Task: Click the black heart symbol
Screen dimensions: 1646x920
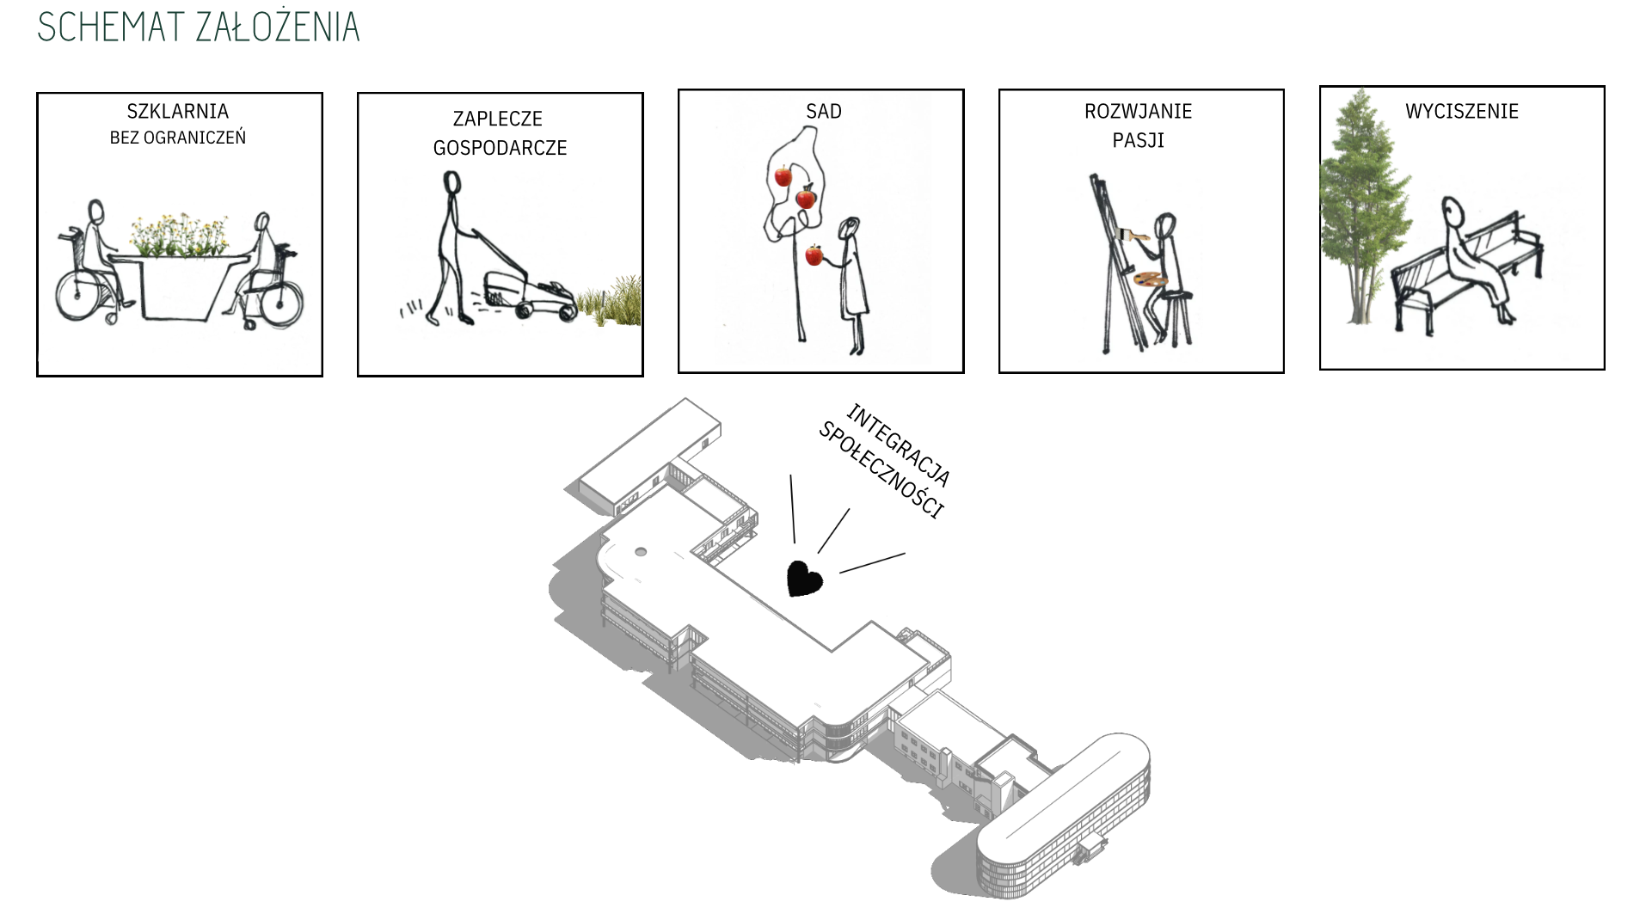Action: (805, 579)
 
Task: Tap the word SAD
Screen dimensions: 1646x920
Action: (823, 111)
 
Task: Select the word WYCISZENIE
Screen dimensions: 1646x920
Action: (1461, 111)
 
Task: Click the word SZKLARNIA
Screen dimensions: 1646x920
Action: (177, 111)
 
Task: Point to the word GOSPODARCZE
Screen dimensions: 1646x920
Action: (500, 148)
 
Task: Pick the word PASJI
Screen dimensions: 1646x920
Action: (1138, 140)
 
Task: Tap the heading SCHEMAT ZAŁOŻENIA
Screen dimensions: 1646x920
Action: (199, 27)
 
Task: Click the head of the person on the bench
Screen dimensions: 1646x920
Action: (1453, 211)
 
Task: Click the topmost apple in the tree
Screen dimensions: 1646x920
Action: (783, 176)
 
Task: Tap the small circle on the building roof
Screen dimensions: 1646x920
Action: (640, 551)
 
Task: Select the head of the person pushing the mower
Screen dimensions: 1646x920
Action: (451, 183)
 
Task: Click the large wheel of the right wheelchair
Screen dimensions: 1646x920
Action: (279, 302)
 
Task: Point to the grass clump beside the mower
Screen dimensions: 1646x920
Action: (609, 303)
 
